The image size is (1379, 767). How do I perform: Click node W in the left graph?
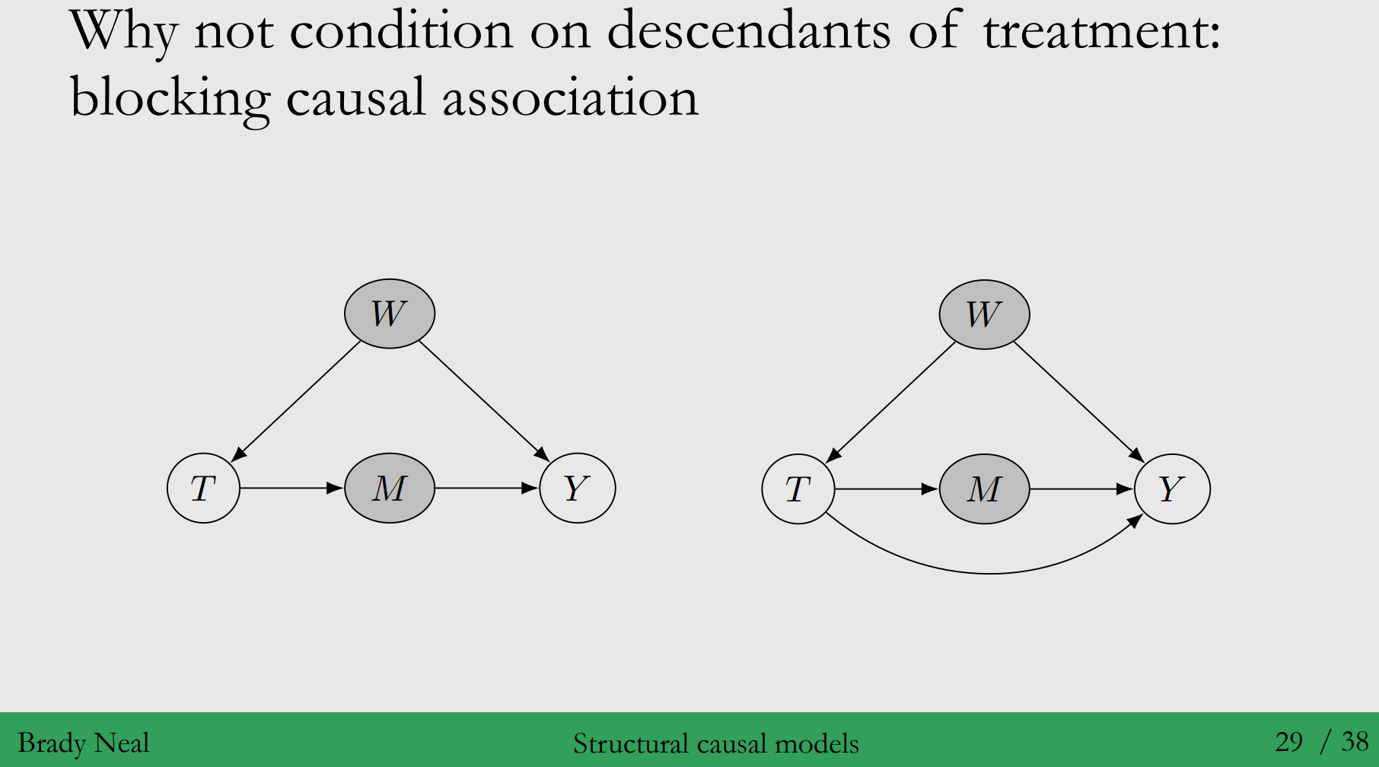(390, 313)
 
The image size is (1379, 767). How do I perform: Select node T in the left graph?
(203, 488)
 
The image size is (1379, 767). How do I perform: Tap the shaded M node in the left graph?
(390, 488)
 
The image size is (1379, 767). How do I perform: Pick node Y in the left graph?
(577, 488)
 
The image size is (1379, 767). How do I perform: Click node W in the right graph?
(984, 314)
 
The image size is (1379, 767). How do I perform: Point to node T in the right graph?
(798, 489)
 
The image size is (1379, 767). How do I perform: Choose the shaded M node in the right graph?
(984, 489)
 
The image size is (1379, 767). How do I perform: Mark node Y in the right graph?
(1172, 489)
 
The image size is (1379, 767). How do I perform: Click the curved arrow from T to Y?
(989, 572)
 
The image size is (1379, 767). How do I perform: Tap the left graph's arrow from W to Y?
(483, 400)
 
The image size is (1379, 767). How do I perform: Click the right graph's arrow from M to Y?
(1081, 489)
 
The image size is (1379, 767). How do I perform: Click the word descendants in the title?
(748, 32)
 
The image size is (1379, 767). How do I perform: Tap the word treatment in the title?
(1101, 32)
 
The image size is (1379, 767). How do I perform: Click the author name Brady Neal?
(83, 743)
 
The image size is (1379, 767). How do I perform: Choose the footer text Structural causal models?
(715, 743)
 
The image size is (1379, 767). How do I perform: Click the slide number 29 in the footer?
(1288, 741)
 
